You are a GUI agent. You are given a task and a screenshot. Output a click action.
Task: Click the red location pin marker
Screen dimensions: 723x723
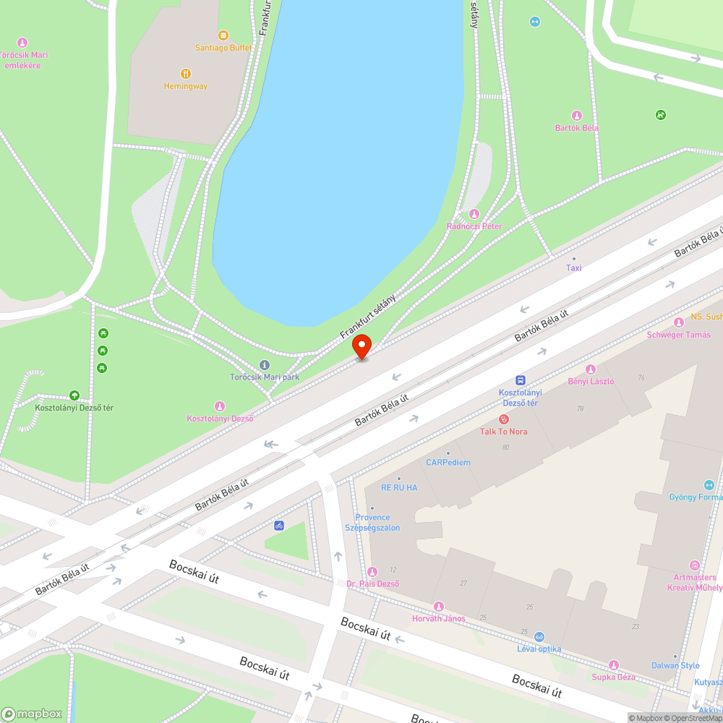pos(361,346)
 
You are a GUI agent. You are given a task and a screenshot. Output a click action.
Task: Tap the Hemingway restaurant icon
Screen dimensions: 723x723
pos(186,73)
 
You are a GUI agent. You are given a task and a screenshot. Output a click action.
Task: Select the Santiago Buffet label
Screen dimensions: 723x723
pos(223,48)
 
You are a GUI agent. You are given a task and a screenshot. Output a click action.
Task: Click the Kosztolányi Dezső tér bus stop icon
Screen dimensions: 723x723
pos(520,380)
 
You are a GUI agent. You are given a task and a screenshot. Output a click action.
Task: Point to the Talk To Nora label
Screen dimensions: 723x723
pos(504,432)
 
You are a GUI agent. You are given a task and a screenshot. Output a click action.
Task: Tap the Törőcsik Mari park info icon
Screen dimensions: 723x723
pos(264,365)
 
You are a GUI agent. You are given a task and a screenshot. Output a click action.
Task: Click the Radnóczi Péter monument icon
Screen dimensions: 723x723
pos(474,214)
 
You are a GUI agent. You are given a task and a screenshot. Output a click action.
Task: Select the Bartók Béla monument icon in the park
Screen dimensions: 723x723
pos(577,116)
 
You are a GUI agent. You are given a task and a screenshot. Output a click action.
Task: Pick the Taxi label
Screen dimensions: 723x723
pos(573,268)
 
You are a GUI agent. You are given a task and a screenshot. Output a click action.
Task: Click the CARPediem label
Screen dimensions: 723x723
pos(448,463)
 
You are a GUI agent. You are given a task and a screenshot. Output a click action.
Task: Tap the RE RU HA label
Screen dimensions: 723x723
pos(399,488)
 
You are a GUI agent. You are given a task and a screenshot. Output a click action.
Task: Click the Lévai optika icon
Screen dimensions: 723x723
pos(539,637)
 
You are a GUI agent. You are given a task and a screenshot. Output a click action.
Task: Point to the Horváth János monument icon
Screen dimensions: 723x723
pos(438,606)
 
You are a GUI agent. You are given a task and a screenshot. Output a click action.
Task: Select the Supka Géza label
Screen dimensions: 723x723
pos(613,677)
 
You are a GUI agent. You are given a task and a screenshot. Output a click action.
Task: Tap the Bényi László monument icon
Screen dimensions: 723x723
pos(591,369)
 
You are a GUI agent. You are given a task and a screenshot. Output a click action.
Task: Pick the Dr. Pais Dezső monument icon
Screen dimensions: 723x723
pos(372,572)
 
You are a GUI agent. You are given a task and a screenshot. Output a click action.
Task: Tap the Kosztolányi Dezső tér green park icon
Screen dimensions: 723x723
pos(74,395)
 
